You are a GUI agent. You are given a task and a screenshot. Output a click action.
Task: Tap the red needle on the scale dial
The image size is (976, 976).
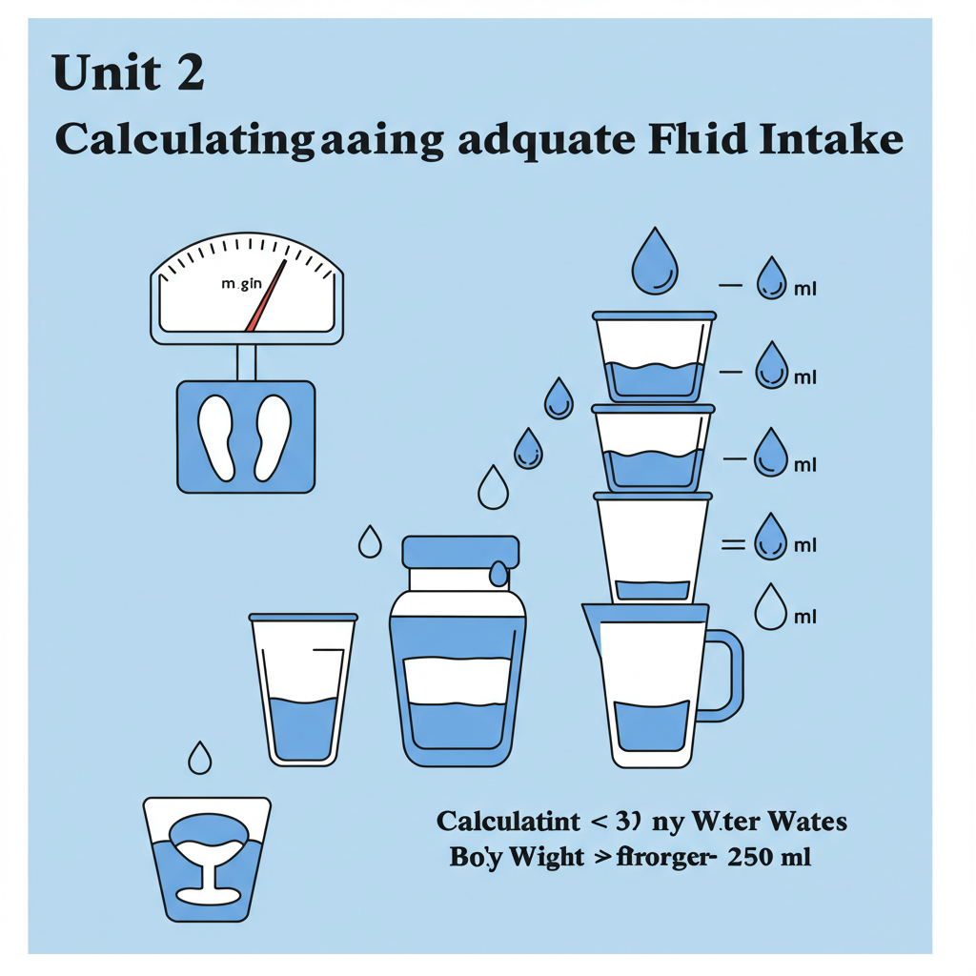point(267,296)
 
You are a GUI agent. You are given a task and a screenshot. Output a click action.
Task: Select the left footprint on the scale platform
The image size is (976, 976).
point(217,437)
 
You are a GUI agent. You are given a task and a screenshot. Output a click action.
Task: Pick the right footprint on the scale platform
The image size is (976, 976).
point(273,437)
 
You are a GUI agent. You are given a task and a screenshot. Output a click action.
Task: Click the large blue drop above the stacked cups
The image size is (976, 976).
point(656,259)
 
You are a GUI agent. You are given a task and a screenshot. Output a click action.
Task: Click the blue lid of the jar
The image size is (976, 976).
point(460,552)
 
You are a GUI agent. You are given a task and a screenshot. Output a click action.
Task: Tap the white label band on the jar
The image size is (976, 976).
point(457,681)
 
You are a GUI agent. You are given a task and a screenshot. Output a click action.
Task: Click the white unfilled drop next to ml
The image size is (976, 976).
point(770,607)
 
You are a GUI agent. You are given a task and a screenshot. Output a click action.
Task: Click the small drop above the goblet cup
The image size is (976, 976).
point(200,758)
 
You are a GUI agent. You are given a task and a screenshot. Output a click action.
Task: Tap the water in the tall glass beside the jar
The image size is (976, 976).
point(303,729)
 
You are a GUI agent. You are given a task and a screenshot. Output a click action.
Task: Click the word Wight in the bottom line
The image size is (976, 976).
point(546,857)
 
